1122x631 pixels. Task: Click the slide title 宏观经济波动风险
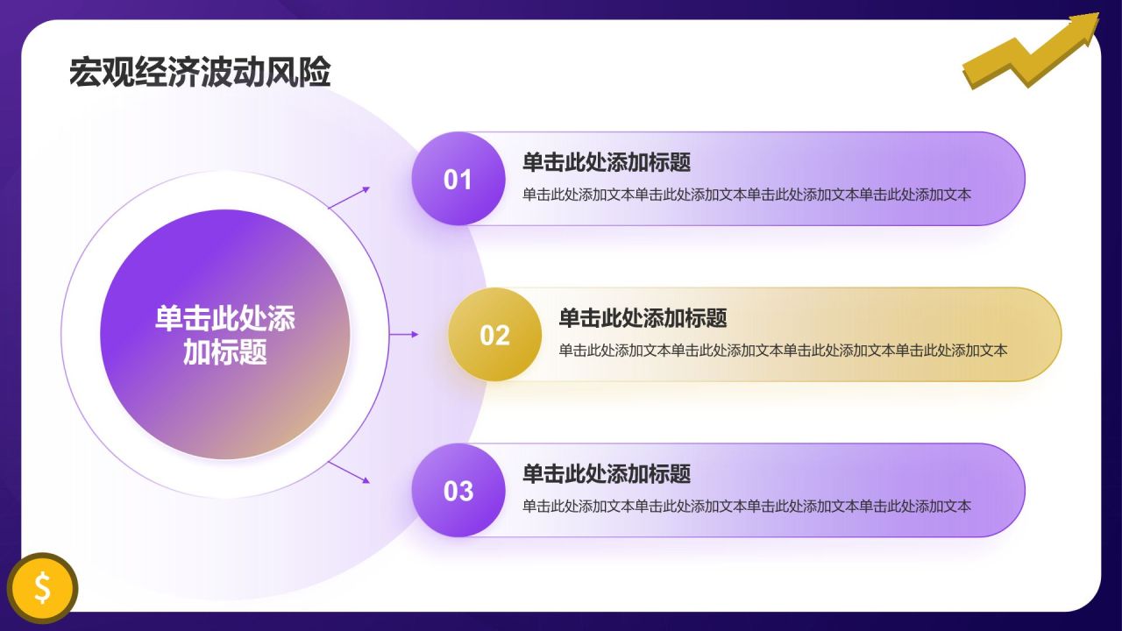click(x=200, y=73)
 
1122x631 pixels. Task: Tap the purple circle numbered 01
click(x=458, y=179)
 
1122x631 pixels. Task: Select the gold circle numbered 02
click(x=494, y=335)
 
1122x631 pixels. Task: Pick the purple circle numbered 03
click(x=458, y=491)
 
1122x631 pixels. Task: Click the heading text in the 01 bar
click(x=607, y=162)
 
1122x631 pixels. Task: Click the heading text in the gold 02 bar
click(x=643, y=318)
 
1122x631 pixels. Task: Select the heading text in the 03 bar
click(x=607, y=474)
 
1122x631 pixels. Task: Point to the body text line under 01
click(x=747, y=195)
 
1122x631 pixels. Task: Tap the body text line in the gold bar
click(x=783, y=351)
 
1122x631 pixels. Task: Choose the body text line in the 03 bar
click(x=747, y=507)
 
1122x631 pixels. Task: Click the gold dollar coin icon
click(x=42, y=587)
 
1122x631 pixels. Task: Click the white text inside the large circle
click(x=225, y=336)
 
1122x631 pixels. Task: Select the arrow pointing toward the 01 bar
click(x=349, y=197)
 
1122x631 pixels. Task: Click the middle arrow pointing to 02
click(x=404, y=334)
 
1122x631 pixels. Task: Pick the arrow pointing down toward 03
click(x=349, y=472)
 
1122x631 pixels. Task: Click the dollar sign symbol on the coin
click(x=42, y=587)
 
